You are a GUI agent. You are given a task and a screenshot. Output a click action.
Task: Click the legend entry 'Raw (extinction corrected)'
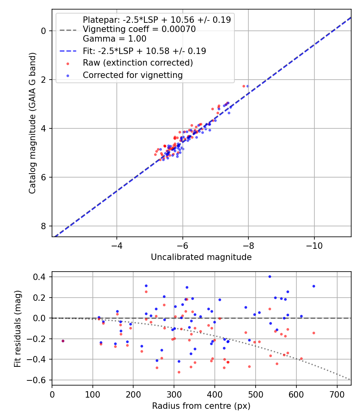138,63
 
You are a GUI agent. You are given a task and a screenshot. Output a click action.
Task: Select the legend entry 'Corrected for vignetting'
132,75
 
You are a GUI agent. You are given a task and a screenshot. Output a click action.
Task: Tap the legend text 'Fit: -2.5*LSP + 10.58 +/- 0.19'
144,51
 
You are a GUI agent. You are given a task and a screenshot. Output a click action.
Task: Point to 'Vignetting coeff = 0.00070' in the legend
139,29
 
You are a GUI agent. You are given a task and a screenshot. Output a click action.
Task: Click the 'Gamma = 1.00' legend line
114,39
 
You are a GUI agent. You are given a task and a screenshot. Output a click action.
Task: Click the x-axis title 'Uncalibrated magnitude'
201,257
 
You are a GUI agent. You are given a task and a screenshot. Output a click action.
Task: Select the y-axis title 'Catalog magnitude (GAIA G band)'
32,123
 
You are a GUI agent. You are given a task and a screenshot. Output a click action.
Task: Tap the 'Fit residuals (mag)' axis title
17,328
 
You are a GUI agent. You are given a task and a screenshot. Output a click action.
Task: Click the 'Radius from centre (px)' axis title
201,406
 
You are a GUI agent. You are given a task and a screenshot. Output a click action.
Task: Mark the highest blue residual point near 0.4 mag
270,276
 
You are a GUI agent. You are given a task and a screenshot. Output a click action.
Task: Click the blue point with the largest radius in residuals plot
314,286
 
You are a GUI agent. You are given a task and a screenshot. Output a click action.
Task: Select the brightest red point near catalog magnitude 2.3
244,86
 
